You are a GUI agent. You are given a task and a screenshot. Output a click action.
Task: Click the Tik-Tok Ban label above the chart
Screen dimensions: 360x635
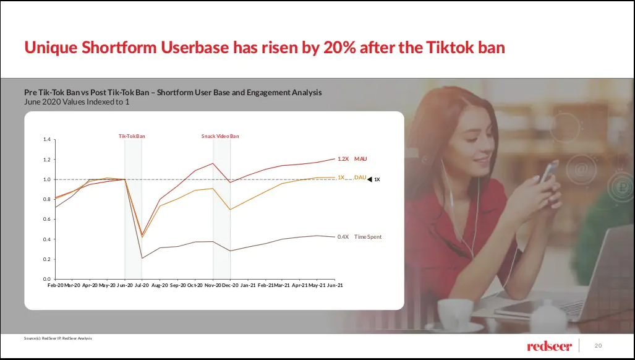(x=132, y=136)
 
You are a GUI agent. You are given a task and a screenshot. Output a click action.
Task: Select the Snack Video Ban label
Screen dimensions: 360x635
(x=220, y=136)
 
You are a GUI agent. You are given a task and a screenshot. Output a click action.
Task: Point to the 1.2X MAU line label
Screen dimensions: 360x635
(x=352, y=159)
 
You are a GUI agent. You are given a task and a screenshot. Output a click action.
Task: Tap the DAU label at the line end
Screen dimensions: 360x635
(x=360, y=178)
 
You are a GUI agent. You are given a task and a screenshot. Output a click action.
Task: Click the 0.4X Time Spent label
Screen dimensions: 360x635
(x=359, y=237)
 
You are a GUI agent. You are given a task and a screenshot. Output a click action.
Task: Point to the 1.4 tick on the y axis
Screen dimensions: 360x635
(x=47, y=140)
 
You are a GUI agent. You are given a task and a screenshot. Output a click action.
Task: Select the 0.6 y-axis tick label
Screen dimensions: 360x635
(x=47, y=220)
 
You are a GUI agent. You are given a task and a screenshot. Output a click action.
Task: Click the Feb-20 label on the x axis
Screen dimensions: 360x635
(x=55, y=286)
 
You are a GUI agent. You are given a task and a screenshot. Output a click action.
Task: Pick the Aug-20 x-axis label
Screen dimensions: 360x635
(x=160, y=286)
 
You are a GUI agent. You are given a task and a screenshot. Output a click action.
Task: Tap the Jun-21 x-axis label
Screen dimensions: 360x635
(x=335, y=286)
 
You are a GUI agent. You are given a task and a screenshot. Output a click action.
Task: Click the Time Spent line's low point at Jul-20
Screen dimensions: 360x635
(x=142, y=258)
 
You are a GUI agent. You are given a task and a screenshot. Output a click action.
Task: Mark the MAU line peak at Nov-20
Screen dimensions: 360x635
(x=213, y=163)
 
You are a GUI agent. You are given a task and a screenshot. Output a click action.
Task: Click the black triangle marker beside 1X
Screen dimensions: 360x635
(x=370, y=179)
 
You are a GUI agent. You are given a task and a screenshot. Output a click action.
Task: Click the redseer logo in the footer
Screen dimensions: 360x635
(x=549, y=345)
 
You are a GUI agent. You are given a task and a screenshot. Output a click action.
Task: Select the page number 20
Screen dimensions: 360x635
(x=598, y=345)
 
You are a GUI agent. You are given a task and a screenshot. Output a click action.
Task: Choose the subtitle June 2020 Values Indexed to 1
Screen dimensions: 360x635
(x=77, y=102)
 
